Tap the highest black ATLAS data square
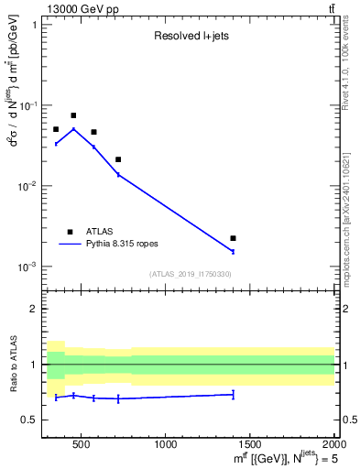click(x=73, y=115)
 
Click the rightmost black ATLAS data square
click(x=233, y=238)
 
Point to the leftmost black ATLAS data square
click(x=56, y=129)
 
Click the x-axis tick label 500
click(x=81, y=445)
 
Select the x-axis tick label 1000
click(x=166, y=445)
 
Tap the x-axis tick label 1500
click(x=250, y=445)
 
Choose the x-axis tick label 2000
click(x=333, y=445)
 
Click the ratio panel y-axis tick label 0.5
click(x=31, y=420)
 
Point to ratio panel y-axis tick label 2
click(x=35, y=309)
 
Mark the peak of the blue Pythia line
click(x=73, y=128)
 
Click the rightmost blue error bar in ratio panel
click(x=233, y=395)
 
